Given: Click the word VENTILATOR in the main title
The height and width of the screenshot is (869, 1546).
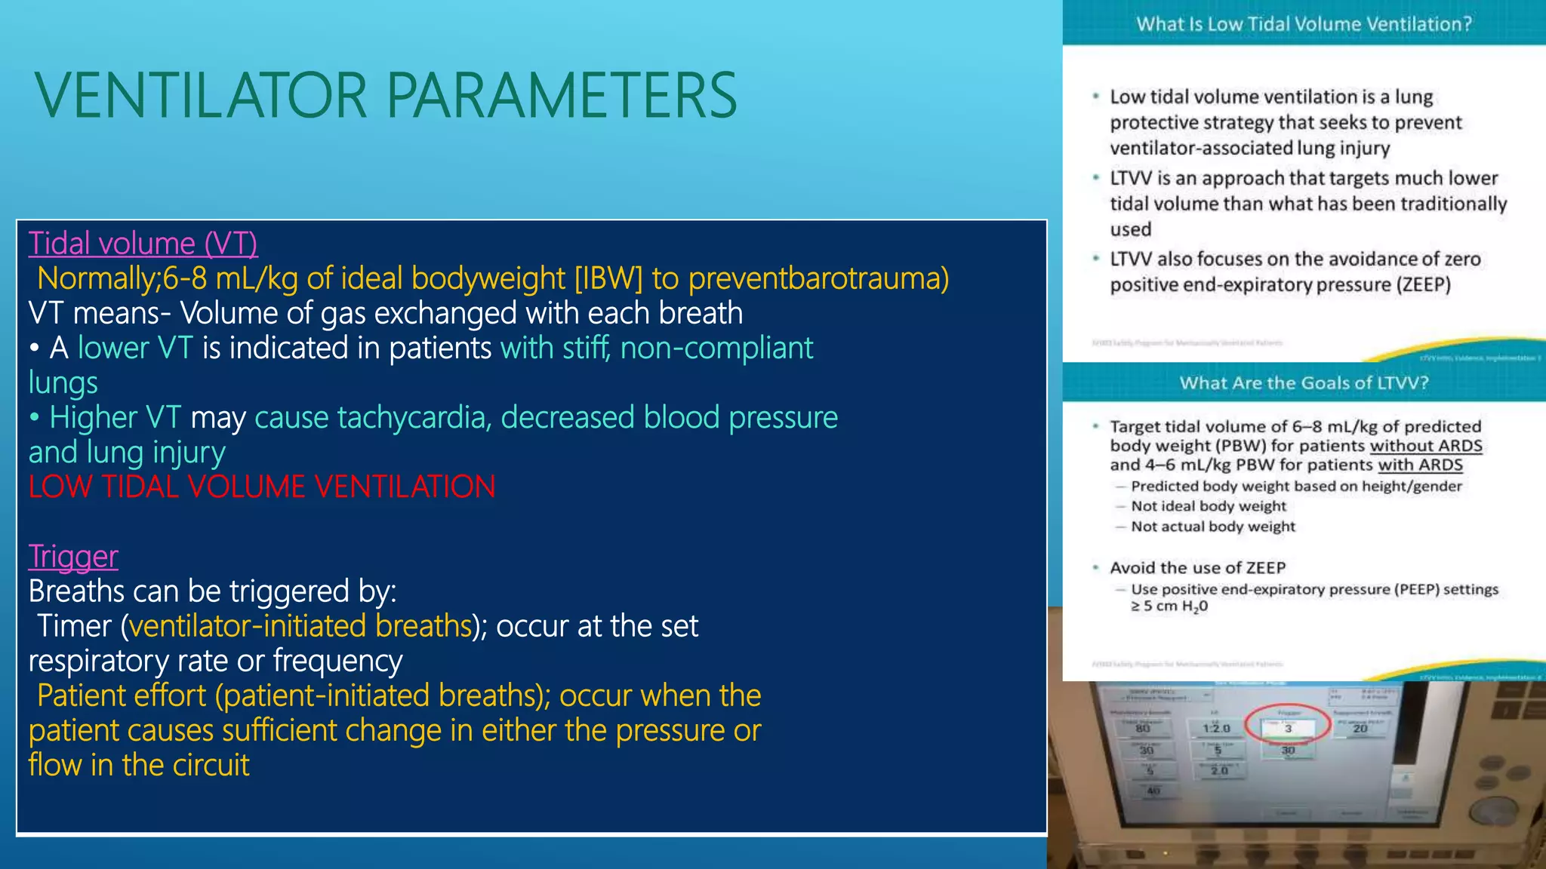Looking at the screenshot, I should tap(201, 96).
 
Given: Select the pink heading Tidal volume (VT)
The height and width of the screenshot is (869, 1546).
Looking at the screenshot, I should tap(143, 244).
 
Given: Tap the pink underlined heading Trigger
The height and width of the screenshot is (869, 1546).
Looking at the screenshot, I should tap(73, 557).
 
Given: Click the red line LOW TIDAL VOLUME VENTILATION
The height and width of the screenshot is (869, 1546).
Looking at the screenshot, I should tap(262, 487).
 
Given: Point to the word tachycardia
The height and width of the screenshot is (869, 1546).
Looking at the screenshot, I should tap(414, 417).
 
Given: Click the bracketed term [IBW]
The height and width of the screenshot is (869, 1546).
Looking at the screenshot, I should tap(608, 278).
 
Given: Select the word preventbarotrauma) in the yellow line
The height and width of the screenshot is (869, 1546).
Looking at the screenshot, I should tap(818, 278).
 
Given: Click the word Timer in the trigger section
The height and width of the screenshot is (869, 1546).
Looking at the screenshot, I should tap(75, 626).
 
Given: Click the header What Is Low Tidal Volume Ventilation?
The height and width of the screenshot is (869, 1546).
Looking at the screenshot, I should tap(1304, 24).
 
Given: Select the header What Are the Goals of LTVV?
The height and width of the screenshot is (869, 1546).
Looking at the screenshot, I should tap(1304, 383).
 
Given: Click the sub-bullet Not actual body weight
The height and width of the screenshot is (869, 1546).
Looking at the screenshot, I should tap(1212, 527).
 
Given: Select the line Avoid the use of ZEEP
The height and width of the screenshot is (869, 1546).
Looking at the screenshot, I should tap(1197, 568).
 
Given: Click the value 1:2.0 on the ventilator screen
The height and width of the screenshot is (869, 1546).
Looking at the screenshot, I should tap(1216, 729).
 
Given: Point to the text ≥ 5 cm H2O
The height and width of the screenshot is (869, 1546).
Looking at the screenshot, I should tap(1169, 606).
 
